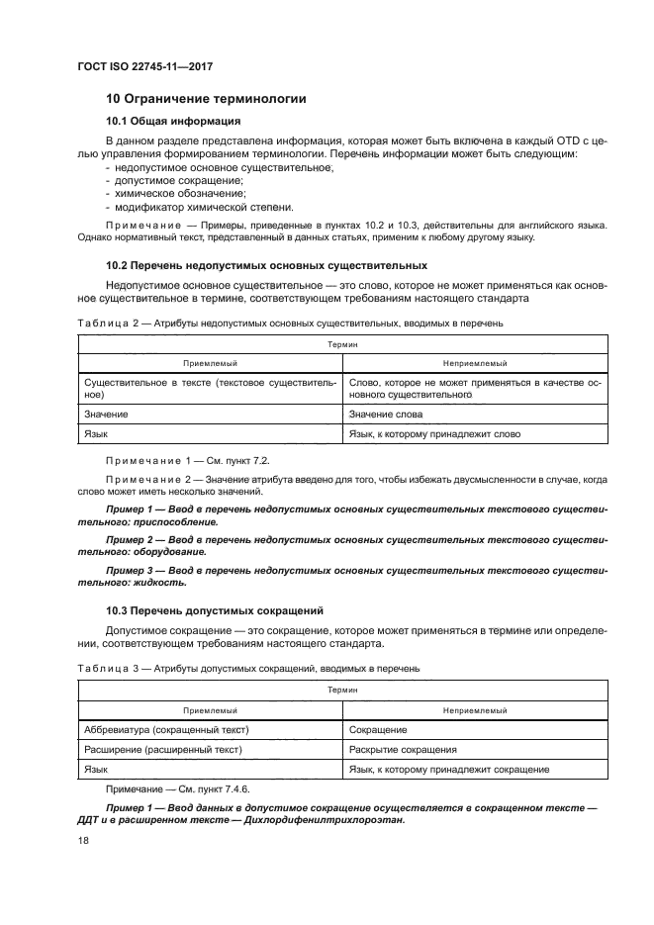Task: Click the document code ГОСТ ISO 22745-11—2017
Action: click(x=144, y=66)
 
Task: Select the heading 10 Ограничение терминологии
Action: click(x=206, y=99)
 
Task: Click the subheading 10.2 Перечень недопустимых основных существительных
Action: click(x=266, y=266)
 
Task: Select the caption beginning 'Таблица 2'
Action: click(x=285, y=323)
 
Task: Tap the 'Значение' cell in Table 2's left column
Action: click(x=107, y=415)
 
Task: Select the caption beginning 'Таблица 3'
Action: click(x=242, y=668)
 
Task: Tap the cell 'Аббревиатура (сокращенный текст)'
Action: click(x=166, y=730)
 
